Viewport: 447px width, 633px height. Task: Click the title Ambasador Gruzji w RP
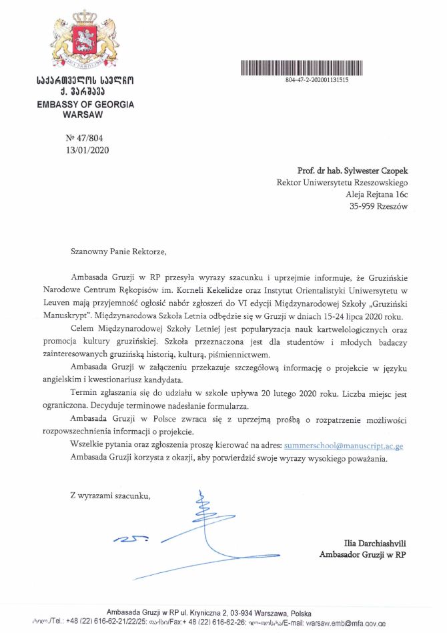tap(363, 555)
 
